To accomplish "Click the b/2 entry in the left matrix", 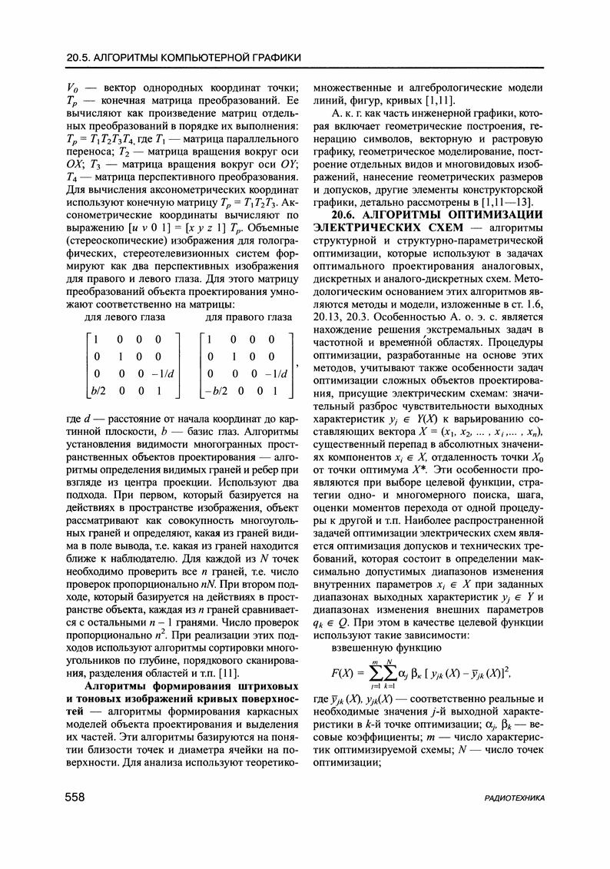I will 97,390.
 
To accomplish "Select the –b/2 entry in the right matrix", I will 217,390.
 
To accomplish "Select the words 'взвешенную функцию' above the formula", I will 375,647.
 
